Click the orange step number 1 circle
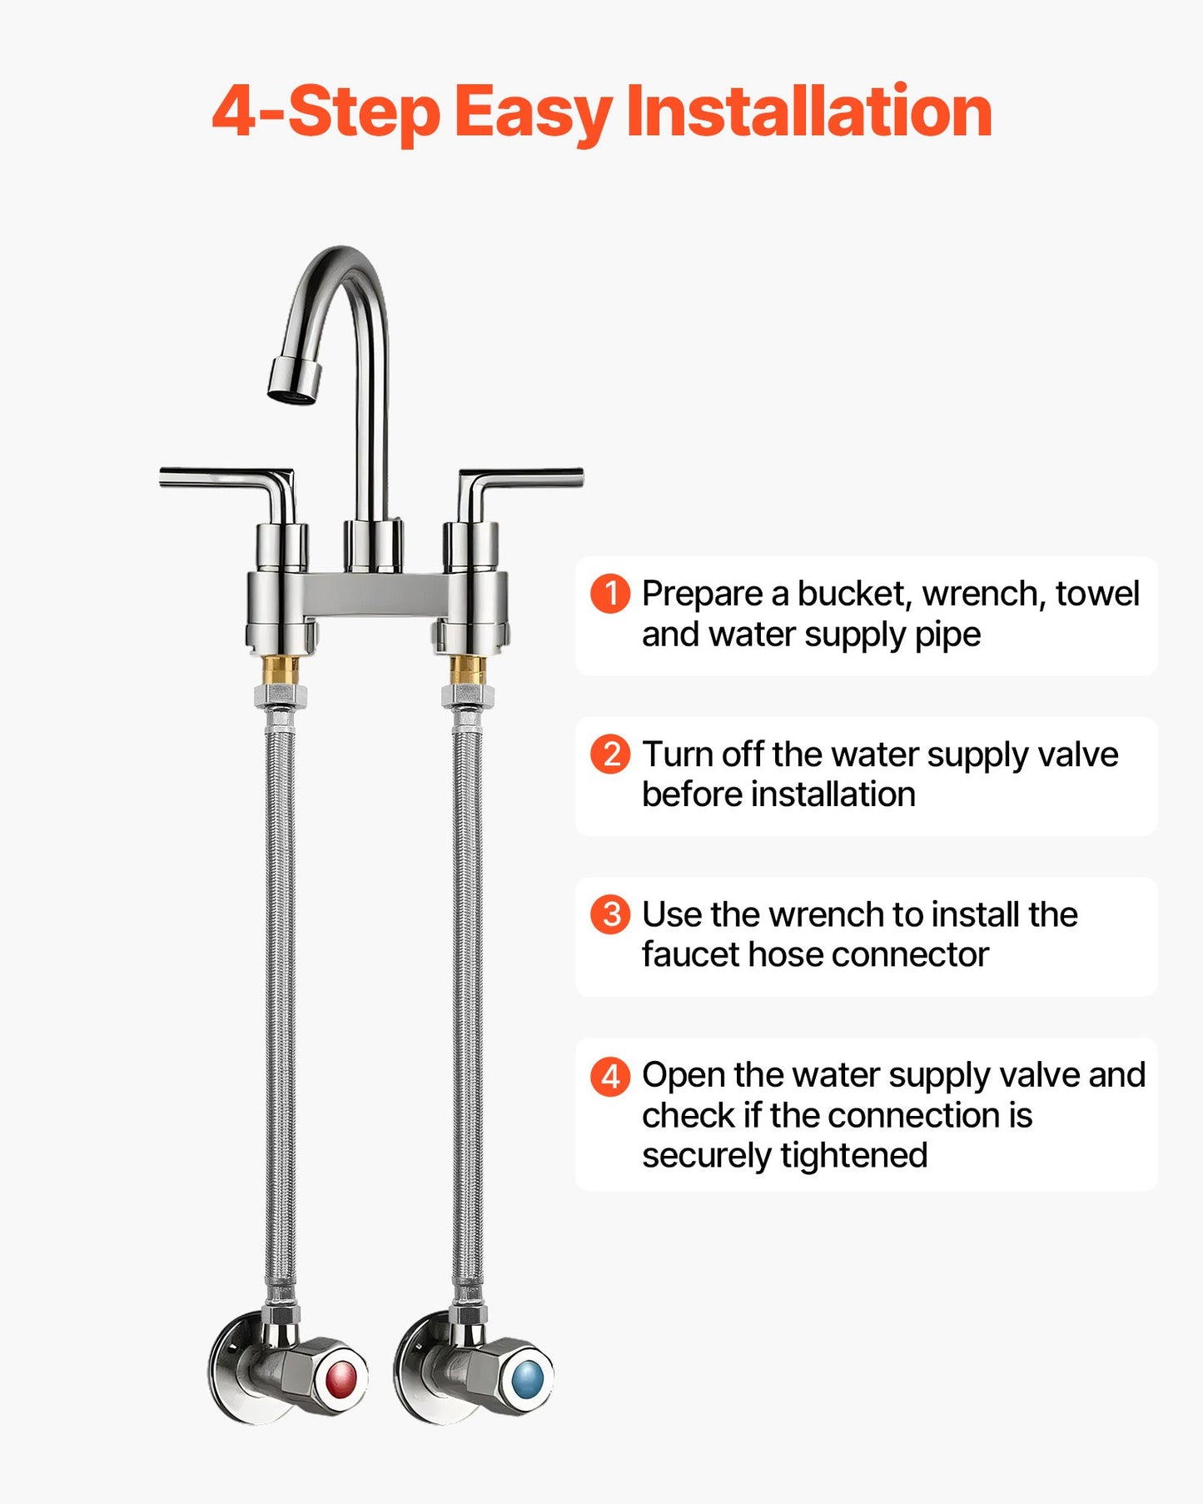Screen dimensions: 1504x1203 pyautogui.click(x=610, y=594)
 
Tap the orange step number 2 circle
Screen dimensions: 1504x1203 pyautogui.click(x=610, y=754)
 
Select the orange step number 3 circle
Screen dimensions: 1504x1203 pyautogui.click(x=610, y=914)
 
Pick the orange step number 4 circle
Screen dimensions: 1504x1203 pyautogui.click(x=610, y=1076)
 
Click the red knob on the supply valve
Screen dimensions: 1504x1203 pyautogui.click(x=341, y=1380)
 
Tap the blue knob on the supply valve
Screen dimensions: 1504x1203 pyautogui.click(x=527, y=1380)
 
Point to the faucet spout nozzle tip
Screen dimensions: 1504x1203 pyautogui.click(x=294, y=381)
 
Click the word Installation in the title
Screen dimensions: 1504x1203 pyautogui.click(x=808, y=112)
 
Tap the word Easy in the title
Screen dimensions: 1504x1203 pyautogui.click(x=533, y=112)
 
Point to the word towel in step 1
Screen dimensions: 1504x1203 pyautogui.click(x=1097, y=594)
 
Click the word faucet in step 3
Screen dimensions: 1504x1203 pyautogui.click(x=690, y=954)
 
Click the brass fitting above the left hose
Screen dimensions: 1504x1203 pyautogui.click(x=281, y=670)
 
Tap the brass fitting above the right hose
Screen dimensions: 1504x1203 pyautogui.click(x=467, y=670)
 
